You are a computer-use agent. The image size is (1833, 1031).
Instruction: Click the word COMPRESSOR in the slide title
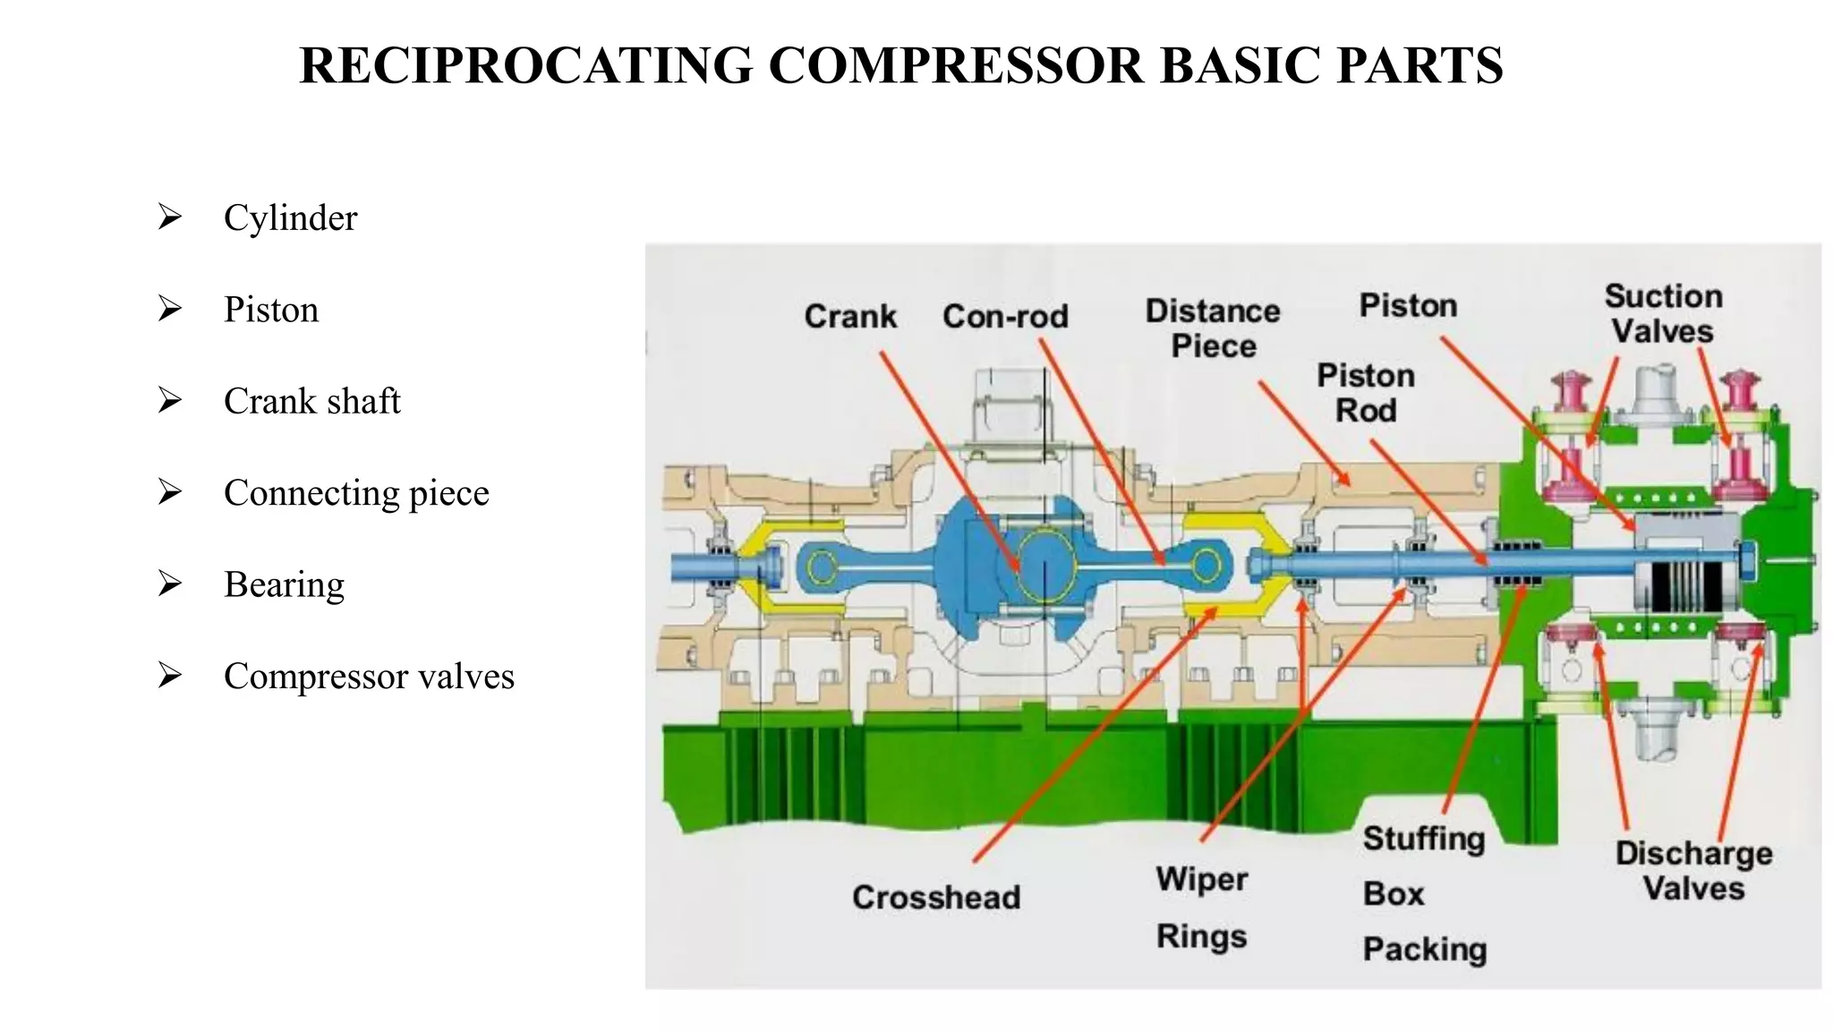pos(955,65)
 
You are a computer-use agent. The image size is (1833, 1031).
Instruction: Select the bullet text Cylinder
pos(290,218)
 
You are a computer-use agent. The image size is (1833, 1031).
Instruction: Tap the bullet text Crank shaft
pos(311,401)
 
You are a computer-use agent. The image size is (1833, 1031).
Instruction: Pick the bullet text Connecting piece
pos(356,493)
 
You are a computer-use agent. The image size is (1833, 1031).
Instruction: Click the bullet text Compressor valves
pos(369,677)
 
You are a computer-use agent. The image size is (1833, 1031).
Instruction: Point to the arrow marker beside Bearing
pos(169,584)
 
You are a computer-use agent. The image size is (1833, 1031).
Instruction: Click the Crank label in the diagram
pos(849,316)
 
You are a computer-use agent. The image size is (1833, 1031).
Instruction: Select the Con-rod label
pos(1005,316)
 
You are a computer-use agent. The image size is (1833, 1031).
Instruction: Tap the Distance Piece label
pos(1213,328)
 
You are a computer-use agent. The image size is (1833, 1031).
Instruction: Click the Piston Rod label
pos(1366,393)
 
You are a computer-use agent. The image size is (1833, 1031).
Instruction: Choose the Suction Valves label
pos(1663,313)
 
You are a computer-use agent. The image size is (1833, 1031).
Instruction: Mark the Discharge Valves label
pos(1693,871)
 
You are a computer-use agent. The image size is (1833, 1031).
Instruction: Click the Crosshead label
pos(936,897)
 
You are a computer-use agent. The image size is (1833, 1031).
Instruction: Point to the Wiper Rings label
pos(1201,907)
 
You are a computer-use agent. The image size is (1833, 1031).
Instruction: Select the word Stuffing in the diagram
pos(1423,839)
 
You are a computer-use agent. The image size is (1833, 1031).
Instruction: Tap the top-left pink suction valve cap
pos(1573,392)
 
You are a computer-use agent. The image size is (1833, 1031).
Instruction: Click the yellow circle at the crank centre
pos(1044,565)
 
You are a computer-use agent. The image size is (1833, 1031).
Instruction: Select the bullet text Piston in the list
pos(271,310)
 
